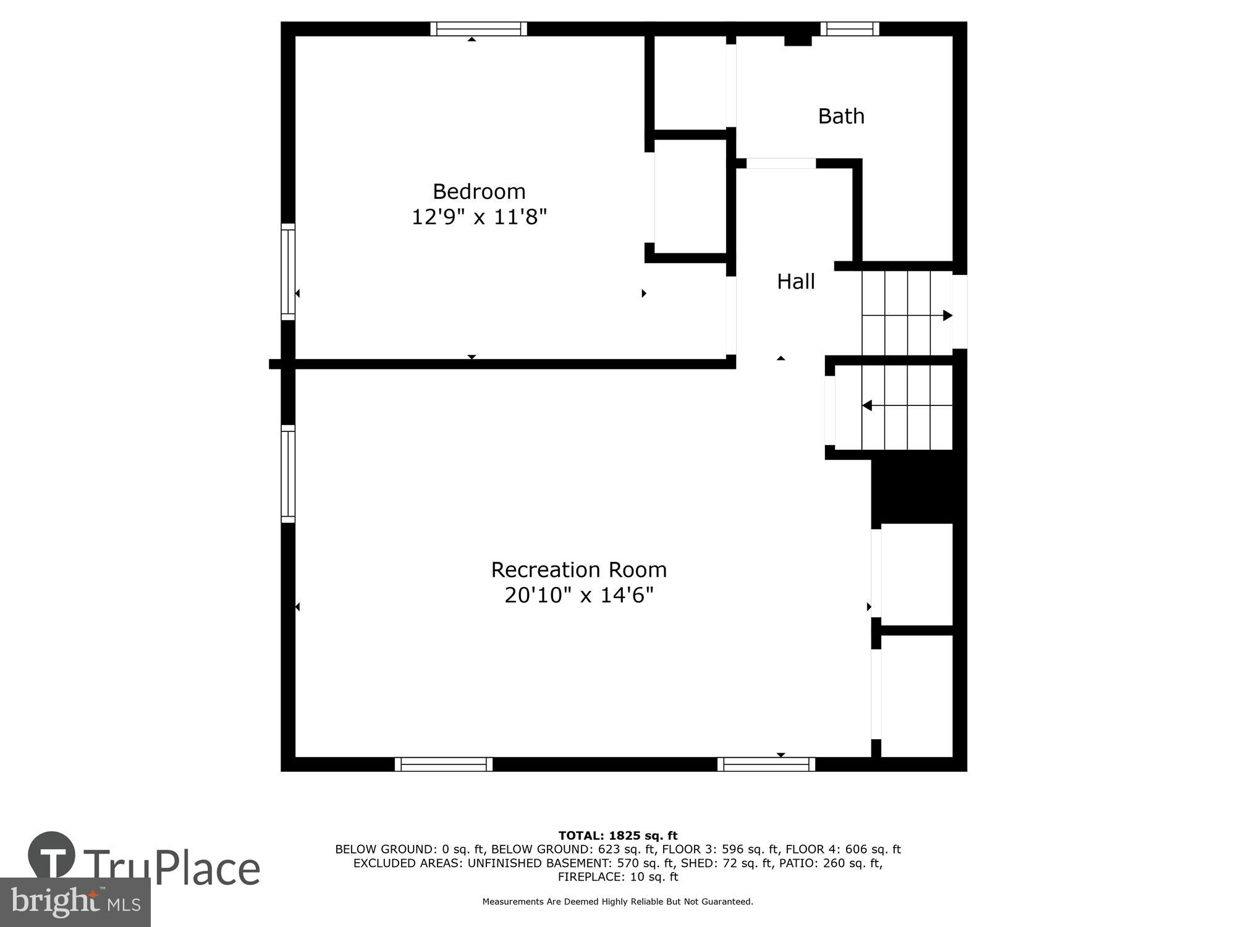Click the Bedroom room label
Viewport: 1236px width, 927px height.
point(479,192)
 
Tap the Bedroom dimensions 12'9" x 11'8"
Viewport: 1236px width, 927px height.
point(479,218)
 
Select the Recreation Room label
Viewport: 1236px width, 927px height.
point(578,570)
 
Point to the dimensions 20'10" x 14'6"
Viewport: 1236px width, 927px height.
point(578,596)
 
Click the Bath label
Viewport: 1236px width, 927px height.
point(841,116)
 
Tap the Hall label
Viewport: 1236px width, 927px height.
point(795,282)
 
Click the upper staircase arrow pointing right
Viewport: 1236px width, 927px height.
point(947,316)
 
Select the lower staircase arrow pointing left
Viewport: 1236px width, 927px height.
point(867,405)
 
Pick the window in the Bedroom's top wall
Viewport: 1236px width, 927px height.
point(478,29)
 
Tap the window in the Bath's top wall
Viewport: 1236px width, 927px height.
point(850,29)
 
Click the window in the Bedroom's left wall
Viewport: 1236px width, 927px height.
point(288,272)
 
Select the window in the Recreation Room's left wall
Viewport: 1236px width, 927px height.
point(288,473)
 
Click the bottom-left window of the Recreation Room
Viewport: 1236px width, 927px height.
point(443,764)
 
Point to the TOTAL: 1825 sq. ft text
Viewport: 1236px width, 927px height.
point(618,836)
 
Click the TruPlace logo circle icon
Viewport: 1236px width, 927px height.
point(52,855)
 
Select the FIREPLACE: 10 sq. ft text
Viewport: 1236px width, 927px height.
point(618,877)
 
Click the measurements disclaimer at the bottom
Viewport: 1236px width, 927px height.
point(618,902)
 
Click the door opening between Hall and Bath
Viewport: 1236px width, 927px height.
point(781,164)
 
